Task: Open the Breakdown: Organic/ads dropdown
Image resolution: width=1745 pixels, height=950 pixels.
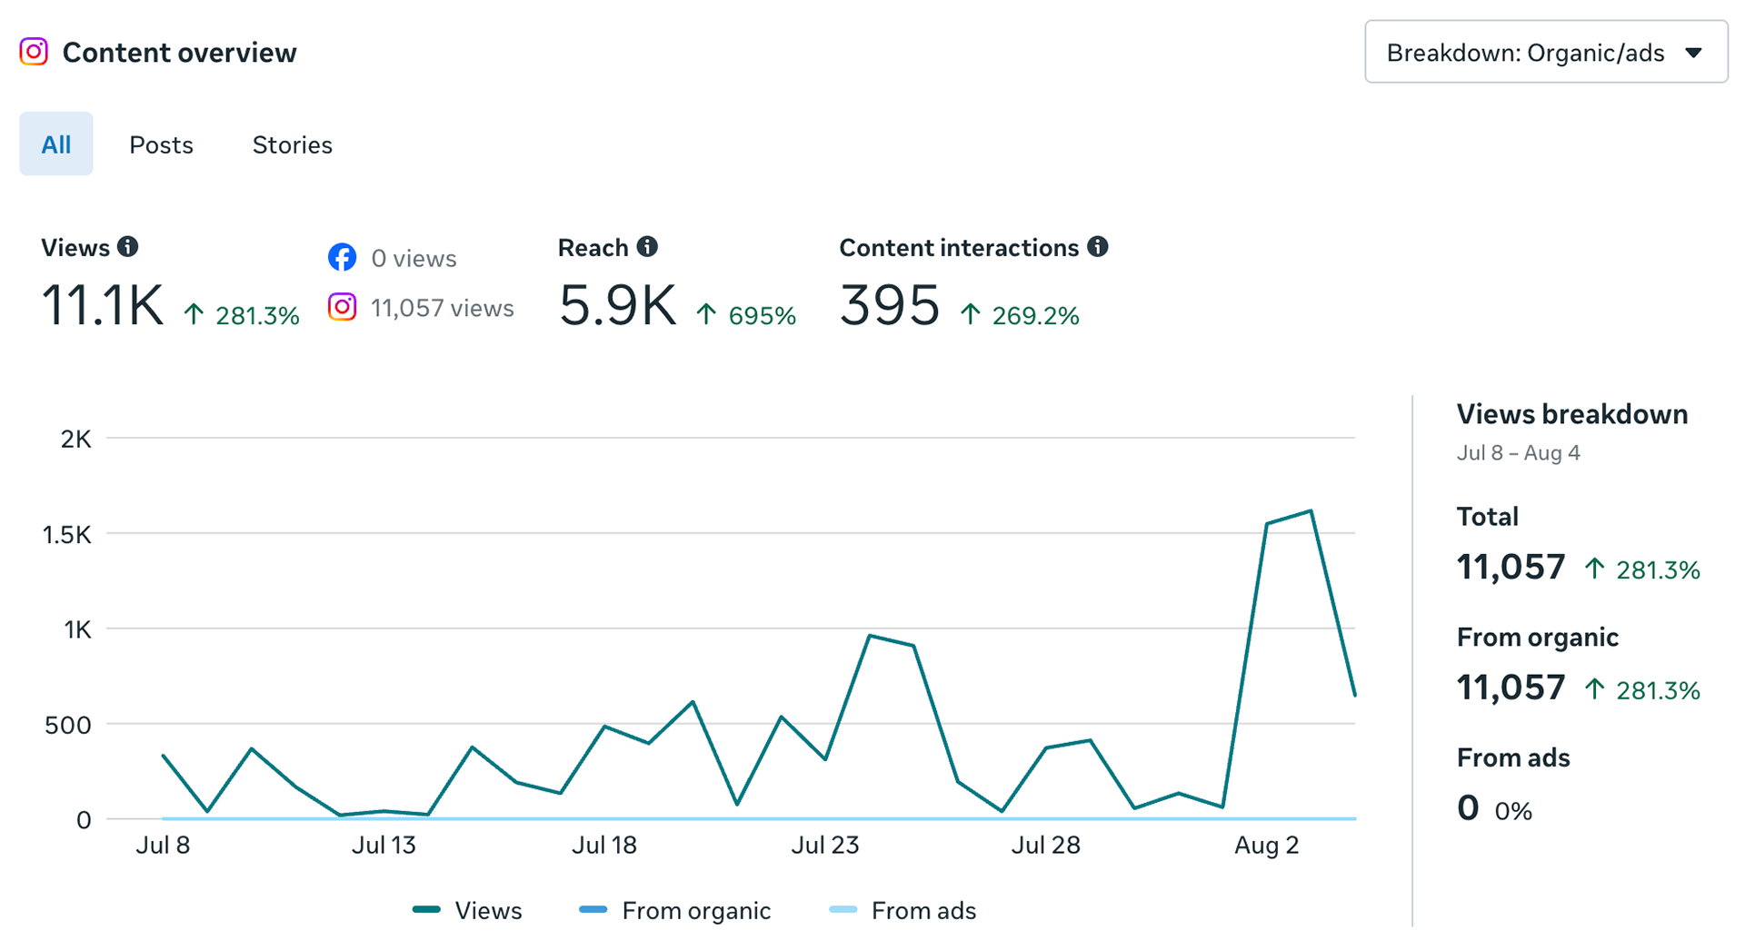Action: pyautogui.click(x=1545, y=52)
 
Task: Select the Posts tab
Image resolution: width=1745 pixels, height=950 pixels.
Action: pyautogui.click(x=161, y=144)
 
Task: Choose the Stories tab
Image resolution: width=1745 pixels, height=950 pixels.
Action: pyautogui.click(x=292, y=144)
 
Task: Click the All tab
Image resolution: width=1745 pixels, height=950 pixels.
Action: pyautogui.click(x=56, y=143)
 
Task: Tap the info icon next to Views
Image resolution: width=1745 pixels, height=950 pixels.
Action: pyautogui.click(x=128, y=246)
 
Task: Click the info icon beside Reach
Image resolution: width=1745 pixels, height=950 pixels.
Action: pyautogui.click(x=647, y=246)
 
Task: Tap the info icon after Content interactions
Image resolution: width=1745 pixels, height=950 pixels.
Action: pyautogui.click(x=1098, y=246)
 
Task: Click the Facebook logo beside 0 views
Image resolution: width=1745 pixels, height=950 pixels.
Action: pyautogui.click(x=342, y=257)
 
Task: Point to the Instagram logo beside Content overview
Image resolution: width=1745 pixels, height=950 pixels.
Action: pyautogui.click(x=34, y=52)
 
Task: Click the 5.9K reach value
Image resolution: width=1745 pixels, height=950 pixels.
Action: pyautogui.click(x=618, y=305)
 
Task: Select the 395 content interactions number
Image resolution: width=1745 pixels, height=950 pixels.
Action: pyautogui.click(x=890, y=305)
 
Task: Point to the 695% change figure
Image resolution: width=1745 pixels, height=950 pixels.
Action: pyautogui.click(x=762, y=316)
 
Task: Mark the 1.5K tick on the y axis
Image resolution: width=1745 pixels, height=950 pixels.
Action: pyautogui.click(x=67, y=534)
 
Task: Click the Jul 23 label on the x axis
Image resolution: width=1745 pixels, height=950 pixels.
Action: pyautogui.click(x=825, y=846)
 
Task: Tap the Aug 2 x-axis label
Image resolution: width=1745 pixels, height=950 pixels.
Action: pyautogui.click(x=1267, y=846)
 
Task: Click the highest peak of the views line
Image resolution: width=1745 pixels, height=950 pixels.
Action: pyautogui.click(x=1311, y=511)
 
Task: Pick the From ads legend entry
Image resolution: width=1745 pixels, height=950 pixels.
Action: pyautogui.click(x=902, y=910)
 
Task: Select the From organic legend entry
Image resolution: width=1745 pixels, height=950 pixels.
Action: pyautogui.click(x=674, y=910)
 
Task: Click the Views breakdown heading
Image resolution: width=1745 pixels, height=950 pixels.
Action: pyautogui.click(x=1572, y=414)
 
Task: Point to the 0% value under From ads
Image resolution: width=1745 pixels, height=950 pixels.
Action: pyautogui.click(x=1513, y=811)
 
